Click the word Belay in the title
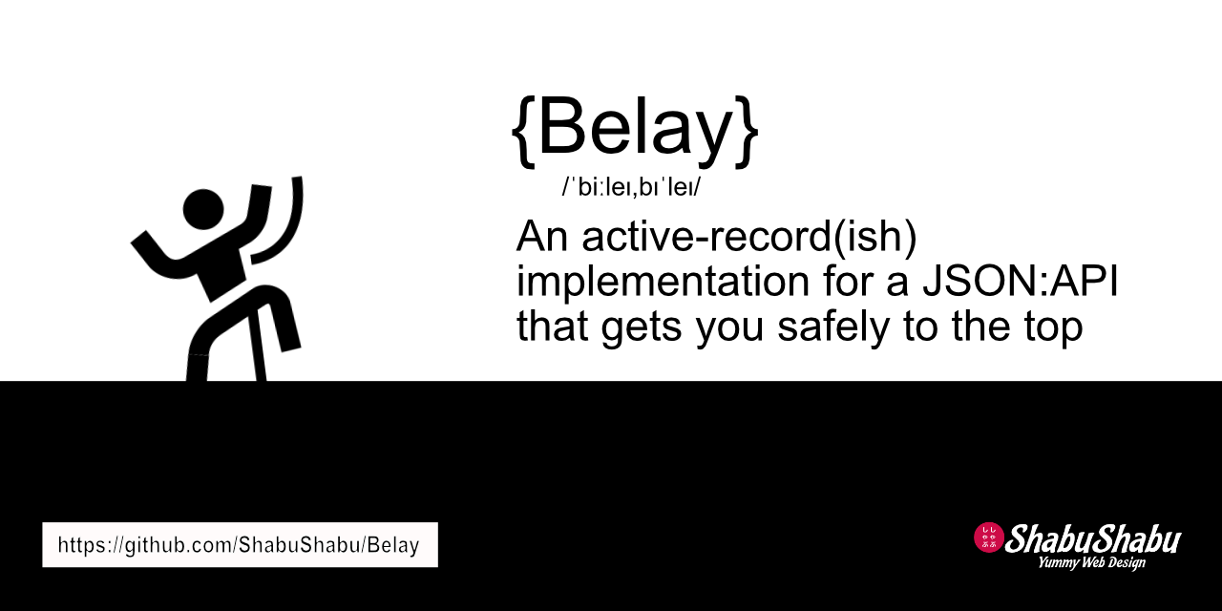635,129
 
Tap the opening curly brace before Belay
524,132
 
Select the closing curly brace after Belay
747,132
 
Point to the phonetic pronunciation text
631,187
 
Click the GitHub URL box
240,545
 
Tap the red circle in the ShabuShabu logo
988,537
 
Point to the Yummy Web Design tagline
1091,563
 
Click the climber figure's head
202,207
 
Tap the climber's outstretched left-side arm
158,250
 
